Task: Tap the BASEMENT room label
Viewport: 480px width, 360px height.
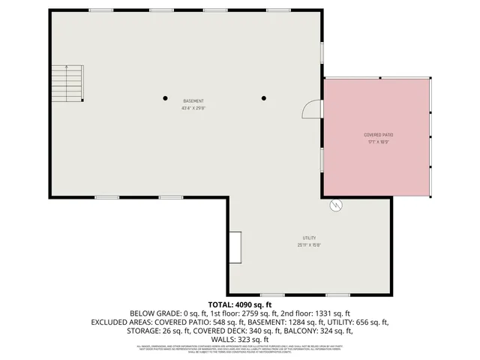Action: (x=193, y=101)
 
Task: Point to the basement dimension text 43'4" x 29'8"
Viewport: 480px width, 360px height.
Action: (x=193, y=109)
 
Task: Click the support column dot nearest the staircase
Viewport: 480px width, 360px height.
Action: (x=166, y=97)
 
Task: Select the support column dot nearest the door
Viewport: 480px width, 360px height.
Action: (x=264, y=97)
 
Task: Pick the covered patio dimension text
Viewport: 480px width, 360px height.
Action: (x=379, y=142)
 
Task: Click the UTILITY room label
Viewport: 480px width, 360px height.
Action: (x=309, y=237)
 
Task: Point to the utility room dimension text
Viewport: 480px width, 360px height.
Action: (x=309, y=244)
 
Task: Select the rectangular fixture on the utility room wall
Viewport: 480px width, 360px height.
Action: (x=235, y=247)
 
